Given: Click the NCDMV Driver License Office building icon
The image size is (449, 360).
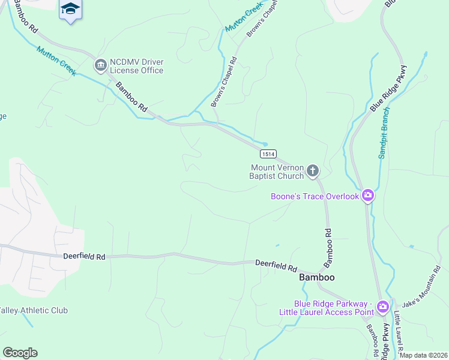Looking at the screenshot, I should pos(100,64).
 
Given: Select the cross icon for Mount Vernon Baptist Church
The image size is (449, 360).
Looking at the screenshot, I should pos(312,172).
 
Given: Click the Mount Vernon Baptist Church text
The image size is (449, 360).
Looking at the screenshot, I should pos(277,172).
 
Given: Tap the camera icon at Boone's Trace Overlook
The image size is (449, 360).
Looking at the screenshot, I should pos(368,196).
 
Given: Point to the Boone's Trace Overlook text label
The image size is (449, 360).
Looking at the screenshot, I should pos(315,196).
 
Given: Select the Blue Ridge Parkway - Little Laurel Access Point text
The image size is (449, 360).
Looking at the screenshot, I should pos(326,308).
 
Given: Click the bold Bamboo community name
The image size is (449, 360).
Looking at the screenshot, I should pos(316,278).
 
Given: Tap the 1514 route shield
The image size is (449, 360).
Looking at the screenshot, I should pos(269,154).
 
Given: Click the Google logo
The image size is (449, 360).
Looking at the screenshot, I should pos(20,353).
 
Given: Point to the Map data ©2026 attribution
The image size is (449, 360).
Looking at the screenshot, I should pos(423,355).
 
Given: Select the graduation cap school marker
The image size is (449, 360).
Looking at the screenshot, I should pos(70,9).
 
